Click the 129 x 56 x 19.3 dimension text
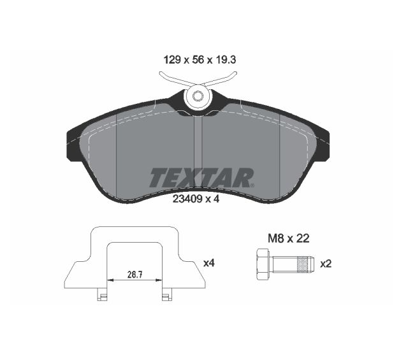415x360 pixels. click(x=200, y=60)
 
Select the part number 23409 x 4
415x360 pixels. click(x=196, y=199)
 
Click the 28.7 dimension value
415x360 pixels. click(x=135, y=275)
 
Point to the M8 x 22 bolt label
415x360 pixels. click(x=289, y=238)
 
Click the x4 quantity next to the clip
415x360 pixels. click(x=209, y=263)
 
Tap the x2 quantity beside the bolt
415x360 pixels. click(x=326, y=264)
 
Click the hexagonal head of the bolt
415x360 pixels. click(x=263, y=264)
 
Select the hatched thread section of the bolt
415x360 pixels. click(x=303, y=264)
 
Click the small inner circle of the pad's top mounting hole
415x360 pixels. click(x=197, y=96)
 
